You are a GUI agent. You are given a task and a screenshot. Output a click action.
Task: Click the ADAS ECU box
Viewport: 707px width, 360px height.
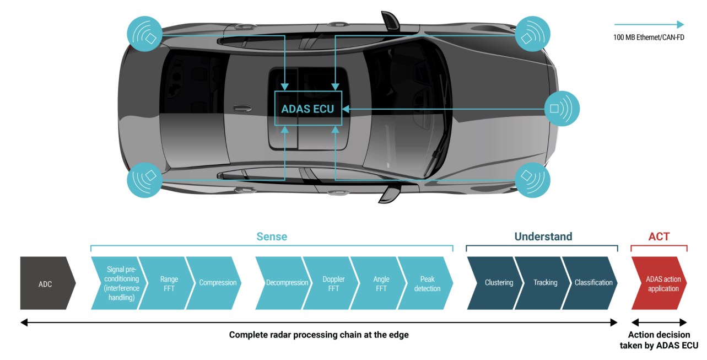point(308,108)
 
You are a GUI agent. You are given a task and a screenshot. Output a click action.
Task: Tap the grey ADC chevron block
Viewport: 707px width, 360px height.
point(48,283)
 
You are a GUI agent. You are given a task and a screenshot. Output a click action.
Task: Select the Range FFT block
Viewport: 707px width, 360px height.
point(166,283)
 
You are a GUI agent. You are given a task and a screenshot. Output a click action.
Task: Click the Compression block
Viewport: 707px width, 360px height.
point(214,283)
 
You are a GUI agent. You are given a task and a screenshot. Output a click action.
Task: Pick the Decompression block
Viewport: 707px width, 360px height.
point(283,283)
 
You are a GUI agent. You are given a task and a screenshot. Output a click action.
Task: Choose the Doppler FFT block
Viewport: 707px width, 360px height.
point(331,283)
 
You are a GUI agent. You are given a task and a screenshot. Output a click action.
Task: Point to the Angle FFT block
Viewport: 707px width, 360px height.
point(378,283)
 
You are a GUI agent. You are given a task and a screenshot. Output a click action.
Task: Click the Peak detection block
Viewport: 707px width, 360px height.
point(425,283)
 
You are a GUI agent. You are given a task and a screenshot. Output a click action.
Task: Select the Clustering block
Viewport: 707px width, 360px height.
point(495,283)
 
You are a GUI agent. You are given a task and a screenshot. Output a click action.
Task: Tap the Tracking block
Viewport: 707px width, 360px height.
point(542,283)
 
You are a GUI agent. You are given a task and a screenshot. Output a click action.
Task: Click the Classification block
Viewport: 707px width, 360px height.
point(590,283)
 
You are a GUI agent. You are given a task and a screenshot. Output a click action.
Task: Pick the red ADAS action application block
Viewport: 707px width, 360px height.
point(659,283)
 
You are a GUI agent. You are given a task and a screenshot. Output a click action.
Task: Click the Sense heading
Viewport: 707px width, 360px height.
point(272,237)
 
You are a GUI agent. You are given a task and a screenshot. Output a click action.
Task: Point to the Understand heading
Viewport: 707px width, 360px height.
point(543,237)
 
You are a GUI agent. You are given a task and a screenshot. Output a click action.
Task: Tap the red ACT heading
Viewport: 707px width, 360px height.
point(659,237)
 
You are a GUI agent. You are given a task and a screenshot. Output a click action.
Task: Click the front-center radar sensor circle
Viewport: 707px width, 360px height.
point(562,109)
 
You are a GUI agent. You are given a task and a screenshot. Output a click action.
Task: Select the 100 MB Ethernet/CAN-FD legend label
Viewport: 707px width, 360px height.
point(649,37)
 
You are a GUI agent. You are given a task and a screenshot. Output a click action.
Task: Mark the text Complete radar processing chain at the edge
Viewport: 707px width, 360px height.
point(319,335)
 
